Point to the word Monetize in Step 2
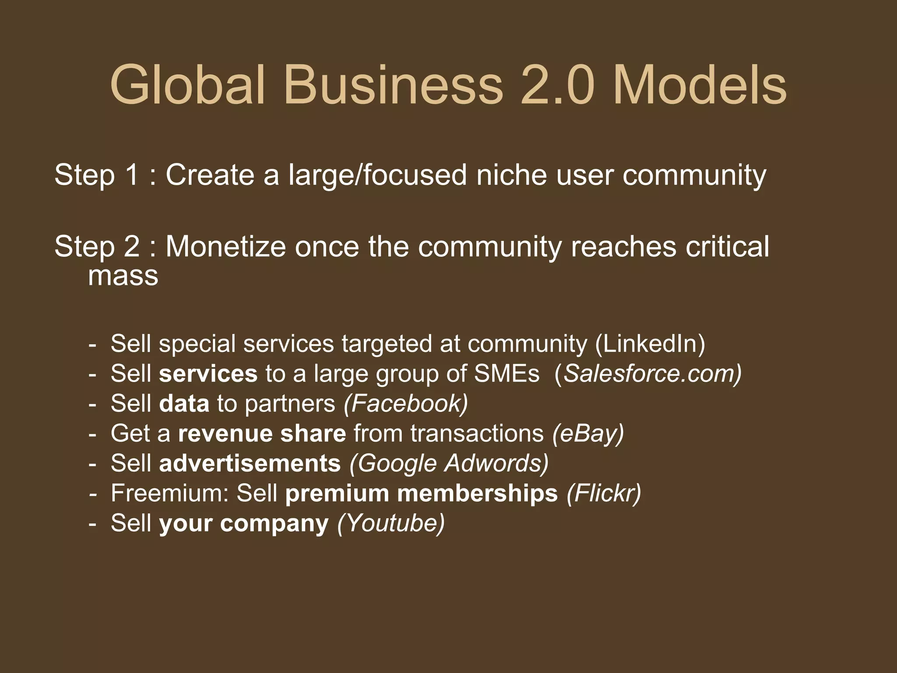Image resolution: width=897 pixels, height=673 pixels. pyautogui.click(x=226, y=247)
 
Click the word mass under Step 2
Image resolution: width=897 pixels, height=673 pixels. pyautogui.click(x=123, y=276)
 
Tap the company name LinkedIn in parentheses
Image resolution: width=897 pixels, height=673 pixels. pyautogui.click(x=650, y=344)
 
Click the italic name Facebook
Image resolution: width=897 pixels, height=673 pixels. pyautogui.click(x=406, y=404)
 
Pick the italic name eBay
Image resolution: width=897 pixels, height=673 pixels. pyautogui.click(x=588, y=434)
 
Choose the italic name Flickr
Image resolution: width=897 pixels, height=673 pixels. pyautogui.click(x=604, y=493)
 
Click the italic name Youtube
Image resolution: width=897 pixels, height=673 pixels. pyautogui.click(x=391, y=523)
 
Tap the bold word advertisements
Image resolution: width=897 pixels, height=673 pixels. pyautogui.click(x=250, y=464)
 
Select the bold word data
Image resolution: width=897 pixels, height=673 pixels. pyautogui.click(x=184, y=404)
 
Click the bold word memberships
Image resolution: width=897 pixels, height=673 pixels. pyautogui.click(x=477, y=493)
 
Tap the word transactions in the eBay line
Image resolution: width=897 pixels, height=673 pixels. pyautogui.click(x=477, y=434)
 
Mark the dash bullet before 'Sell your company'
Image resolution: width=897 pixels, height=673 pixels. pyautogui.click(x=92, y=524)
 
